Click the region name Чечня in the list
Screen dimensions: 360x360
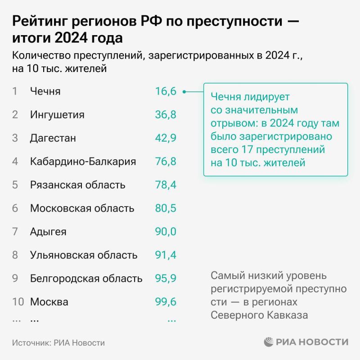click(x=45, y=91)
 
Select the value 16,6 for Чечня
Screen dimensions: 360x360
click(x=165, y=91)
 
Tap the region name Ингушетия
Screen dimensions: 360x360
click(x=57, y=115)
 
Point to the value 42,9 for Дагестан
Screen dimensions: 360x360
click(x=165, y=138)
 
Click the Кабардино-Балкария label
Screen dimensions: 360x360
click(x=83, y=162)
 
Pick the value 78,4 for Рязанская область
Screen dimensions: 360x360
click(x=165, y=185)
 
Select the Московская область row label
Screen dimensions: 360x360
click(x=82, y=208)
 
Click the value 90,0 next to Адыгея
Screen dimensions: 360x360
click(x=165, y=232)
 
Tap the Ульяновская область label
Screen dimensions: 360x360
click(x=84, y=255)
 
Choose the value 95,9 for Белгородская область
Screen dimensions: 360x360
click(x=165, y=279)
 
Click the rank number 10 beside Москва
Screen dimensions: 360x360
click(x=18, y=302)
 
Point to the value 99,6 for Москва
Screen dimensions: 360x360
click(x=165, y=302)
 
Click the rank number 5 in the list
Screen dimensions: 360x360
click(x=15, y=185)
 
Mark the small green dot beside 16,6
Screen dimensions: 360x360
click(x=184, y=92)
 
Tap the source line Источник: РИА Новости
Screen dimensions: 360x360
click(x=58, y=343)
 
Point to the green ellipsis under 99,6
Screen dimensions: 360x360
click(x=171, y=320)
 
